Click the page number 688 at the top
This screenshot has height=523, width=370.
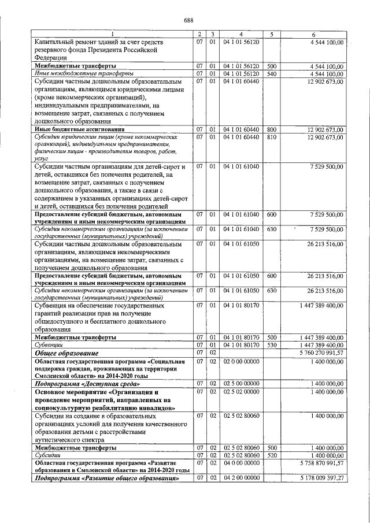[188, 21]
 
